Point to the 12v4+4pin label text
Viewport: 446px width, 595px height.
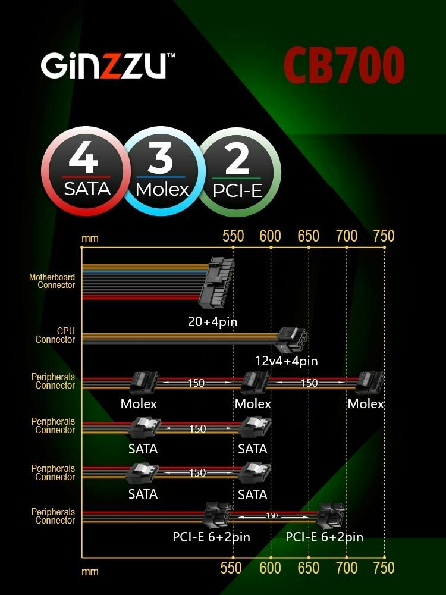(x=286, y=361)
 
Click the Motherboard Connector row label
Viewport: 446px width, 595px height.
(x=52, y=281)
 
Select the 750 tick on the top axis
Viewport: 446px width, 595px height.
(x=384, y=236)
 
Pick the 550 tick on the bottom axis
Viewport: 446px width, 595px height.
(x=233, y=568)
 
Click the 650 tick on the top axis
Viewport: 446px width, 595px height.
(x=308, y=236)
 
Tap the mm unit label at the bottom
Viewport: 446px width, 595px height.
(x=90, y=572)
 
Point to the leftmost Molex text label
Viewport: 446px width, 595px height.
(x=139, y=404)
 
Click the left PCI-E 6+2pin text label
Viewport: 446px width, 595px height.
(x=211, y=537)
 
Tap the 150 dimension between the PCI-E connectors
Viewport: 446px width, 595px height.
(x=272, y=515)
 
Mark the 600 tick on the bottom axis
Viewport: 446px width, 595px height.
(x=270, y=568)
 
